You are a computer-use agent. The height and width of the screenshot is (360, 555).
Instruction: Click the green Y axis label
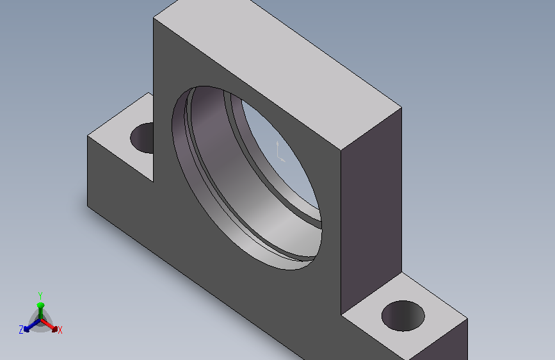click(40, 295)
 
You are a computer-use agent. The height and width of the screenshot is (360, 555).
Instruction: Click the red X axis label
click(60, 331)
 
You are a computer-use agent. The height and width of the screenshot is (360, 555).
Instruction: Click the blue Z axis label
click(21, 330)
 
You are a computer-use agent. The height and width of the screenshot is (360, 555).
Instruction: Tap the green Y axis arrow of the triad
click(40, 311)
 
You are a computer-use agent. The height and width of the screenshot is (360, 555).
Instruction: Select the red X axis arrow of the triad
click(49, 325)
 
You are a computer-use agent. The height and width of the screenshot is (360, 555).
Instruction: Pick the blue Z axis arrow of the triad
click(32, 325)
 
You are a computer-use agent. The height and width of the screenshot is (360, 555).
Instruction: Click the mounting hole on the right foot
click(403, 316)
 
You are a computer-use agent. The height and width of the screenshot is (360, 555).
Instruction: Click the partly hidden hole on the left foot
click(142, 138)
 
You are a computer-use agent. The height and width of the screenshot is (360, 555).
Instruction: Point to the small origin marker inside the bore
click(280, 152)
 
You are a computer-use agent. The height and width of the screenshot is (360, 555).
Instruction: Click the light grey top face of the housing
click(278, 71)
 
